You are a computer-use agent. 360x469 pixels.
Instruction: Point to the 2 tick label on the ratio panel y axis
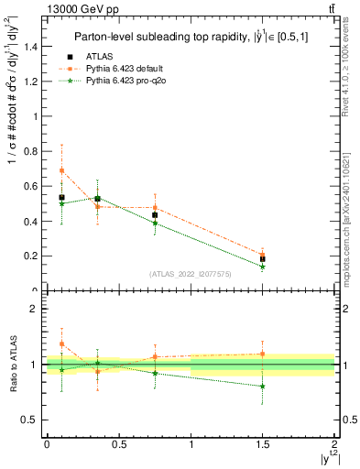coord(33,309)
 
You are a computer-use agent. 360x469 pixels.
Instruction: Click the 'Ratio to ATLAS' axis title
coord(12,365)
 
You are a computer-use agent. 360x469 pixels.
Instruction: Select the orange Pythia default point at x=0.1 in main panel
coord(61,171)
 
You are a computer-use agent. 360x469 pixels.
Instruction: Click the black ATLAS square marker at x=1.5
coord(263,259)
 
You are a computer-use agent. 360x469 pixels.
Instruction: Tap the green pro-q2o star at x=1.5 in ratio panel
coord(263,387)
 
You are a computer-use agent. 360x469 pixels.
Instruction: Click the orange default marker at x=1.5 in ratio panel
coord(263,354)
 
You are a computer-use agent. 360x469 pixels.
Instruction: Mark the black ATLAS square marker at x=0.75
coord(155,215)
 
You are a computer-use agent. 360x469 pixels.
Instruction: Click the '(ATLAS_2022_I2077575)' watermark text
coord(191,274)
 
